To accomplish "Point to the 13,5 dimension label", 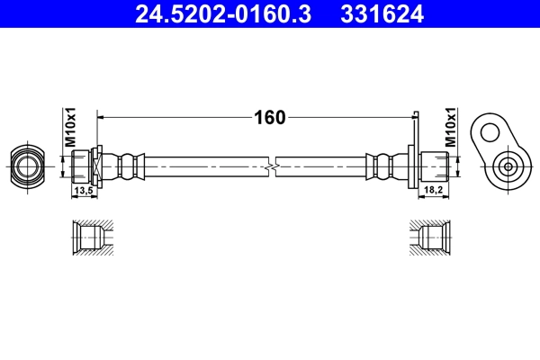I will tap(85, 191).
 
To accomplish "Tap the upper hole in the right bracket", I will tap(490, 133).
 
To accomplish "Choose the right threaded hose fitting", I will tap(436, 166).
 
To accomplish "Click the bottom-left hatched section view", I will tap(94, 238).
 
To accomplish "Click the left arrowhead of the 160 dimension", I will tap(102, 117).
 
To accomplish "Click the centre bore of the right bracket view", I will tap(508, 166).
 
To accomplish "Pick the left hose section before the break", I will tap(207, 166).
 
